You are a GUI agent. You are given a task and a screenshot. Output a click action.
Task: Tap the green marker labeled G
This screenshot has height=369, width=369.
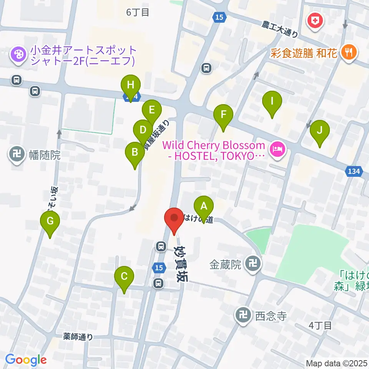pyautogui.click(x=50, y=222)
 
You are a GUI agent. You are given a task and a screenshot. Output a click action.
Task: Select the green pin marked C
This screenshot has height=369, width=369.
pyautogui.click(x=124, y=277)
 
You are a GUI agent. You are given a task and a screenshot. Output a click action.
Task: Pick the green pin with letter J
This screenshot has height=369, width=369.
pyautogui.click(x=320, y=130)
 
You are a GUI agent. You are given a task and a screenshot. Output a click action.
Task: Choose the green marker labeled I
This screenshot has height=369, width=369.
pyautogui.click(x=272, y=102)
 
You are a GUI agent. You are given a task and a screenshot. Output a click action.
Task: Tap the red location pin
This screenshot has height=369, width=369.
pyautogui.click(x=174, y=218)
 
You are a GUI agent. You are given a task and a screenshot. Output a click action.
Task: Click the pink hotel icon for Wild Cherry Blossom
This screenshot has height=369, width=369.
pyautogui.click(x=277, y=148)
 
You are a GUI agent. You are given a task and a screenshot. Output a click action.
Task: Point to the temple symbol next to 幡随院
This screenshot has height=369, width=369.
pyautogui.click(x=16, y=155)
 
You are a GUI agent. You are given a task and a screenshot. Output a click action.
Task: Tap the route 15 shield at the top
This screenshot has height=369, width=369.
pyautogui.click(x=219, y=17)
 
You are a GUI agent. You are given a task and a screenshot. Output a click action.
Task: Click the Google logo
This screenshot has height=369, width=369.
pyautogui.click(x=26, y=360)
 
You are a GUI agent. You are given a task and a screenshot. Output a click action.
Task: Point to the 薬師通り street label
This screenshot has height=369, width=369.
pyautogui.click(x=78, y=337)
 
